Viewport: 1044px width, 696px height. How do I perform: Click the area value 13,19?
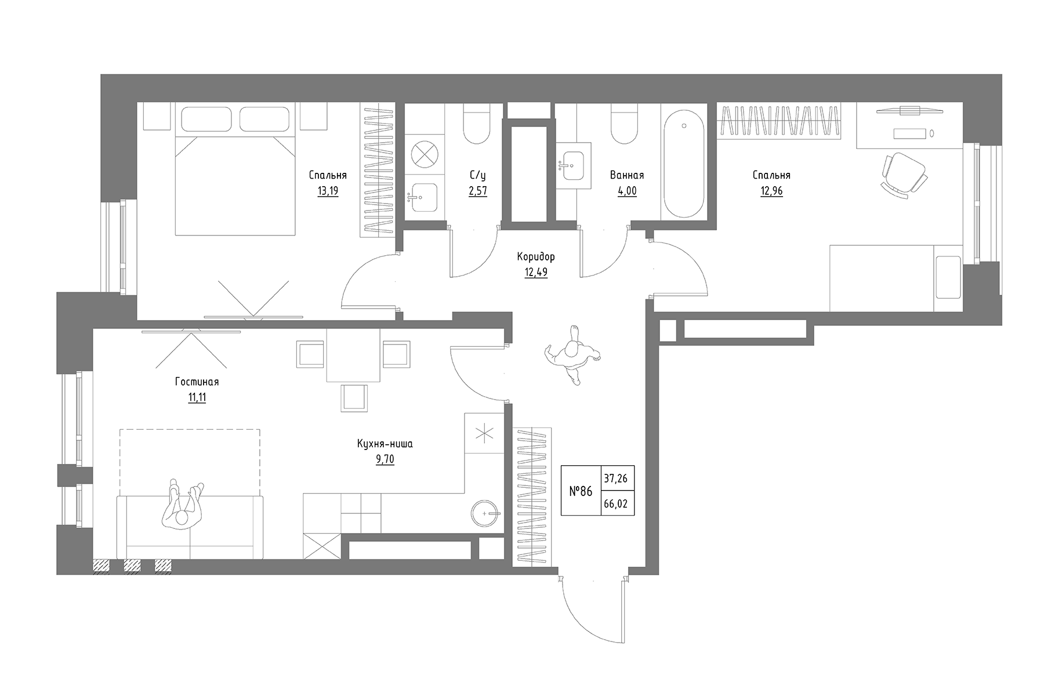pyautogui.click(x=328, y=191)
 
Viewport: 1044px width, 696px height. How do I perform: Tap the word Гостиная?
pyautogui.click(x=197, y=382)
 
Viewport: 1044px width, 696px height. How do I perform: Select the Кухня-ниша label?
pyautogui.click(x=385, y=444)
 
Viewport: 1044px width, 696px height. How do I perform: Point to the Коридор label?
pyautogui.click(x=536, y=256)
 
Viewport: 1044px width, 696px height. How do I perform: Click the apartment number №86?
pyautogui.click(x=581, y=491)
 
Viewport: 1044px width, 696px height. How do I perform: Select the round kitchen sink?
pyautogui.click(x=485, y=513)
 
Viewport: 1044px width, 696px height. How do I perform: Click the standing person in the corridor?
pyautogui.click(x=573, y=355)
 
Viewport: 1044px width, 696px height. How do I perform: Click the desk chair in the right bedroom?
pyautogui.click(x=903, y=173)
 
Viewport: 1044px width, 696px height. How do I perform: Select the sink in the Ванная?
pyautogui.click(x=573, y=165)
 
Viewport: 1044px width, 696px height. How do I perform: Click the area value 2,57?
pyautogui.click(x=478, y=191)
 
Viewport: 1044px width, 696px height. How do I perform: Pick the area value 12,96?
pyautogui.click(x=771, y=191)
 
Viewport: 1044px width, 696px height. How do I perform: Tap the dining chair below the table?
pyautogui.click(x=354, y=397)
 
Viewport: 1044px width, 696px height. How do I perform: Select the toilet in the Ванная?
pyautogui.click(x=624, y=124)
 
